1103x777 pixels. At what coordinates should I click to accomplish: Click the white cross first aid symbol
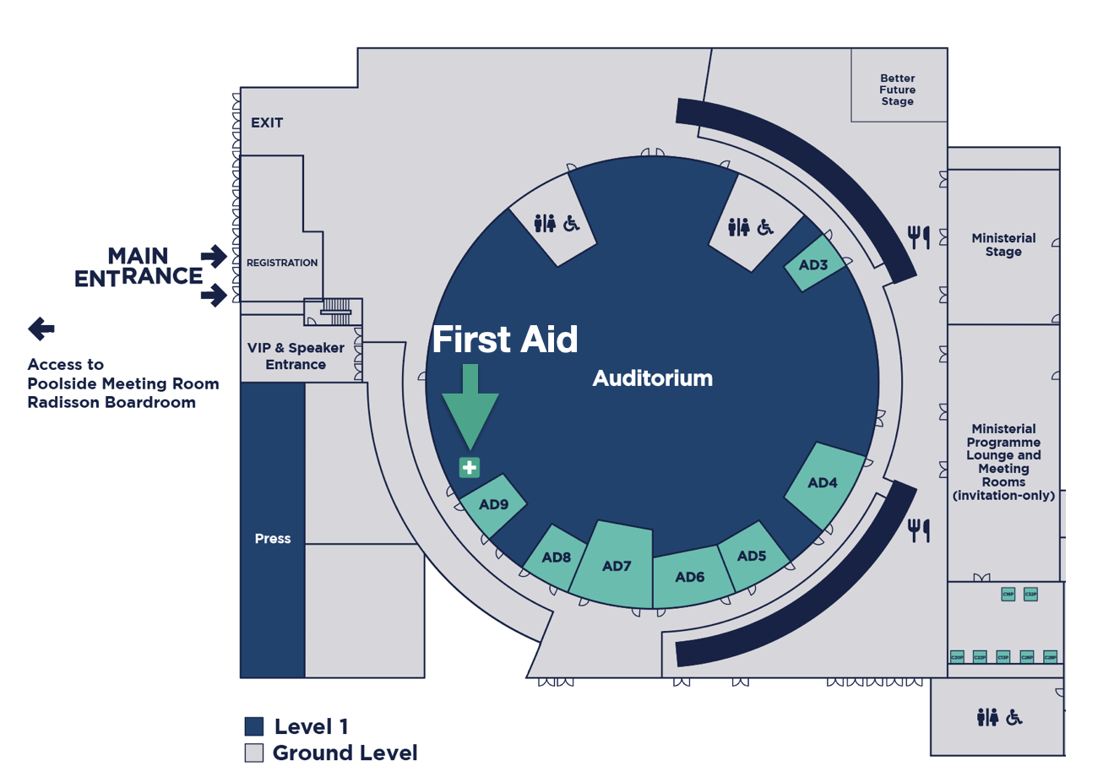[x=469, y=466]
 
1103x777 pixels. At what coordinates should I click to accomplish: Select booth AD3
[x=813, y=264]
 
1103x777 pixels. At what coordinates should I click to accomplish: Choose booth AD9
[x=493, y=505]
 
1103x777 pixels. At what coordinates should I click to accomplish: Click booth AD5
[x=751, y=556]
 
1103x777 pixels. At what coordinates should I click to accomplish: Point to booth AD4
[x=823, y=483]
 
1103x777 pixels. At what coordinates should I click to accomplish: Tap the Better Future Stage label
[x=897, y=90]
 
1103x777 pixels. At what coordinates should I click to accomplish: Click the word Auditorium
[x=652, y=378]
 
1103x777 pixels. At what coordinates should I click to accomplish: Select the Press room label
[x=273, y=538]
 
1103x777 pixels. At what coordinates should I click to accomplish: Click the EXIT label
[x=267, y=122]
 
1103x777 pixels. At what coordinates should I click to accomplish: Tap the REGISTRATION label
[x=282, y=263]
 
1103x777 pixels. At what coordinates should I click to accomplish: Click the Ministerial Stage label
[x=1003, y=245]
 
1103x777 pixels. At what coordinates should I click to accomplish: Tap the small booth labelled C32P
[x=1030, y=594]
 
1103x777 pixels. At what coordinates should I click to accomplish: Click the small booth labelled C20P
[x=957, y=656]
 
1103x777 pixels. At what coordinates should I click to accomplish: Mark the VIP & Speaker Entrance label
[x=286, y=356]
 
